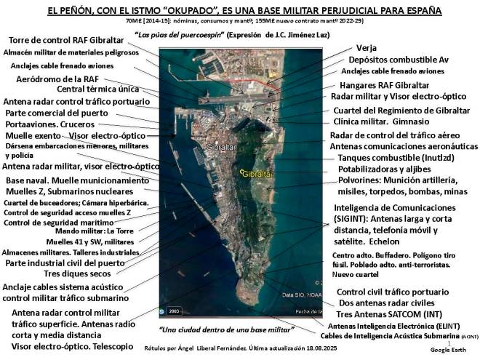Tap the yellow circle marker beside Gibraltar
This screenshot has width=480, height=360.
tap(241, 172)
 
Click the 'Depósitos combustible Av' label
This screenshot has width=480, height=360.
tap(398, 60)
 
